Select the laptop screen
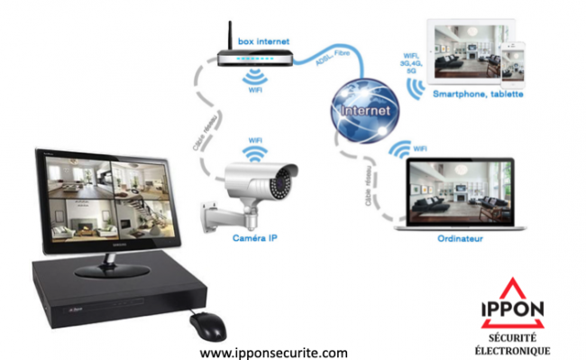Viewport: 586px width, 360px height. coord(460,197)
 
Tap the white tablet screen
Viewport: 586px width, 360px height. coord(465,52)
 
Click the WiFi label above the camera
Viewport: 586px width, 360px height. coord(256,140)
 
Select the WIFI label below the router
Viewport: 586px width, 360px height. coord(255,89)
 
